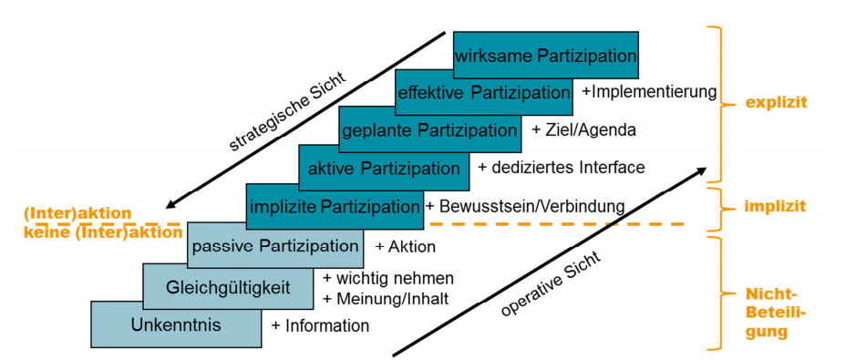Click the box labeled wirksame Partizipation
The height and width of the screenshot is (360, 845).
click(x=545, y=56)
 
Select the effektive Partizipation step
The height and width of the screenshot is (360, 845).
click(x=483, y=93)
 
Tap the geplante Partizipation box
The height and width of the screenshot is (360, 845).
click(x=429, y=130)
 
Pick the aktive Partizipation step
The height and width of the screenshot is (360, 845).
click(x=384, y=168)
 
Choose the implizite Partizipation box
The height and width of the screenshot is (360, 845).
click(x=335, y=206)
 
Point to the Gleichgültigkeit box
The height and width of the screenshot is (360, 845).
click(x=228, y=288)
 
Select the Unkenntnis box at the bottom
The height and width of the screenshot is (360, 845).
click(x=176, y=324)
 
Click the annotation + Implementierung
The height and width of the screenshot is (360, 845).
click(x=649, y=92)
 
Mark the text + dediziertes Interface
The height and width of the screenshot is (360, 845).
click(x=561, y=168)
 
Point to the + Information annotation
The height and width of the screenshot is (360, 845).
click(x=320, y=325)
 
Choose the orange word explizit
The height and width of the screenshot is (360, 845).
click(x=775, y=103)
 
